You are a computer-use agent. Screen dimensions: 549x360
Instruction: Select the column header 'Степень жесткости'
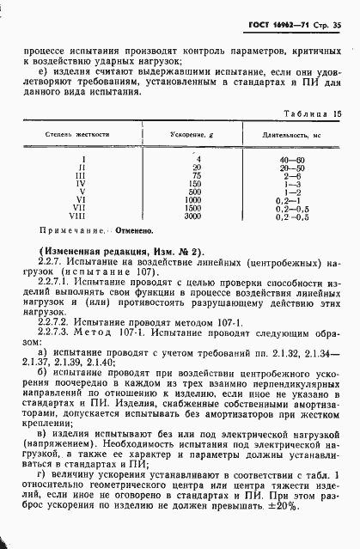click(78, 136)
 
